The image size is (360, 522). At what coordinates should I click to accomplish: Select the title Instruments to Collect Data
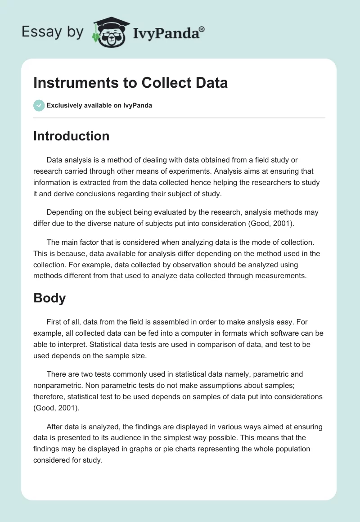[x=130, y=83]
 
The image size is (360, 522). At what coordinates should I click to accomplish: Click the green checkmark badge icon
[x=39, y=105]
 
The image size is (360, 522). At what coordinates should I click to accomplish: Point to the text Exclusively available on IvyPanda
[x=99, y=106]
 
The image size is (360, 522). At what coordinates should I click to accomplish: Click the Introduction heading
[x=71, y=136]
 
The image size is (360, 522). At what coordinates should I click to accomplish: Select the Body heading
[x=49, y=298]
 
